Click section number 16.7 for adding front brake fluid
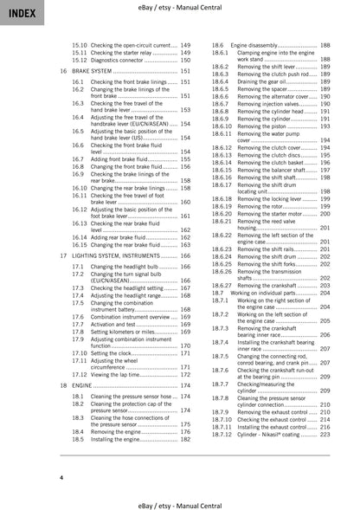(78, 160)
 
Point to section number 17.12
(79, 374)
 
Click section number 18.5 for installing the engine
(78, 438)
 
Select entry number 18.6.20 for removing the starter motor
(222, 212)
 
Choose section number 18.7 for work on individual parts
(218, 294)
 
